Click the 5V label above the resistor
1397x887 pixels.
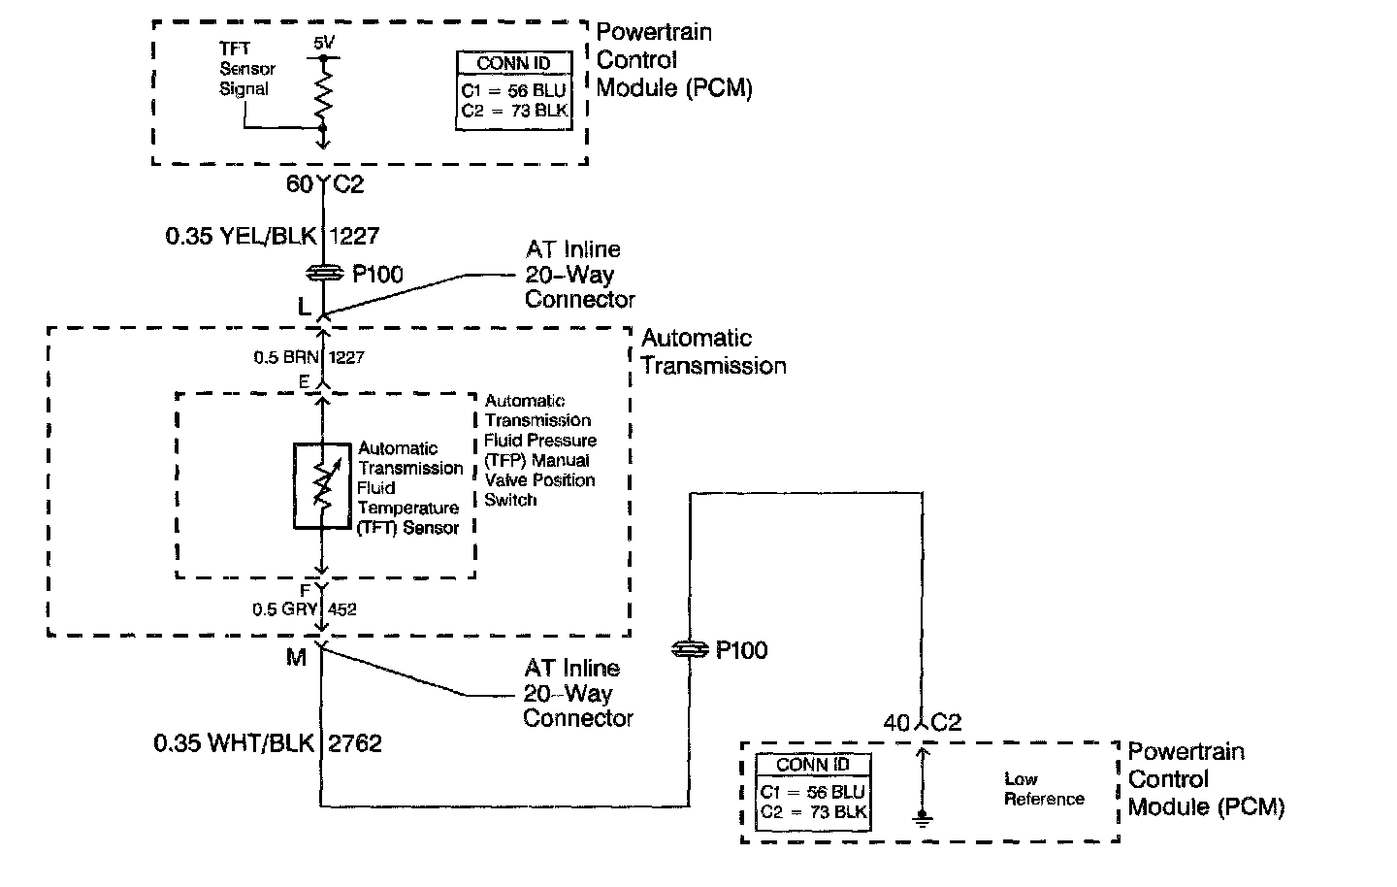coord(323,45)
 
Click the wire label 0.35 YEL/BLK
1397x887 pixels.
coord(243,235)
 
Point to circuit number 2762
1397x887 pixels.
coord(355,743)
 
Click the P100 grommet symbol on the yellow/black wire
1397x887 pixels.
coord(322,273)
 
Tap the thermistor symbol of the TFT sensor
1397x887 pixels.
coord(322,486)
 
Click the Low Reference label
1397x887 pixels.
coord(1043,789)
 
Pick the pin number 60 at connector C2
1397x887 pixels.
coord(299,183)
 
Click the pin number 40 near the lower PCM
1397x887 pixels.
coord(896,723)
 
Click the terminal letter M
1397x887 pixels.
coord(296,658)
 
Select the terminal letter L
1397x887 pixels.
coord(304,308)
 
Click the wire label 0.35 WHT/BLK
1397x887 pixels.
coord(234,743)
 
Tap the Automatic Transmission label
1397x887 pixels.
coord(712,351)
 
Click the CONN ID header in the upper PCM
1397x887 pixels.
coord(513,64)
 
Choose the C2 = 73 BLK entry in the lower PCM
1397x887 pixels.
coord(813,812)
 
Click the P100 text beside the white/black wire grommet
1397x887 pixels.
coord(741,650)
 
